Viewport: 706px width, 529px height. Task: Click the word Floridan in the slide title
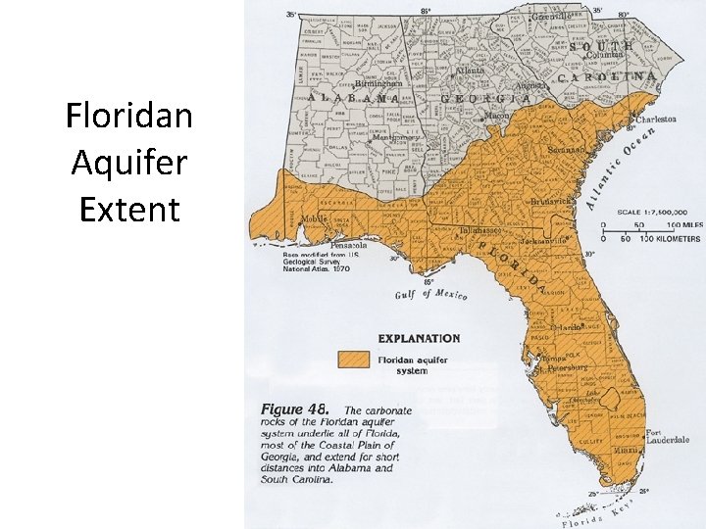129,118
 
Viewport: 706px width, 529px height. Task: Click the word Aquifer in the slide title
129,164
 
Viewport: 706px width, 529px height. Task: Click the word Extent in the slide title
129,209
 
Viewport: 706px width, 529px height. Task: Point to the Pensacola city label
349,244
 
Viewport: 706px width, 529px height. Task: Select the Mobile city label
314,219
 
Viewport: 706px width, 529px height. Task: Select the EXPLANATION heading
419,338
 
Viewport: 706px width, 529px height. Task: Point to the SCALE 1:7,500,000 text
652,212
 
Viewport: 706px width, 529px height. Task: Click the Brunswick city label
552,200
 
